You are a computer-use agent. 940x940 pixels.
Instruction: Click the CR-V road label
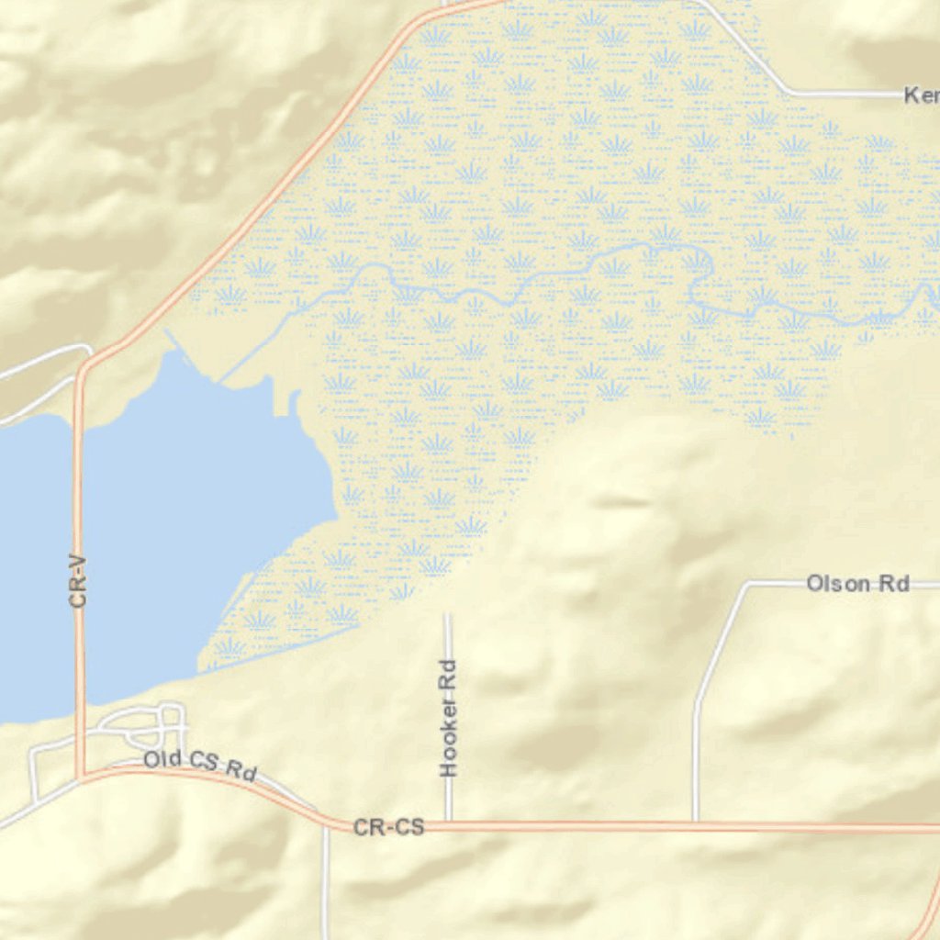pyautogui.click(x=78, y=577)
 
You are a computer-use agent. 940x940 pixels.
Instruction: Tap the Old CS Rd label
pyautogui.click(x=199, y=765)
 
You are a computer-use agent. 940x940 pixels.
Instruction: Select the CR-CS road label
pyautogui.click(x=389, y=828)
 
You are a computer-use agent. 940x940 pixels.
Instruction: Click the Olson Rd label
pyautogui.click(x=857, y=583)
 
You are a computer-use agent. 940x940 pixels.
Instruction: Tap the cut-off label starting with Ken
pyautogui.click(x=921, y=95)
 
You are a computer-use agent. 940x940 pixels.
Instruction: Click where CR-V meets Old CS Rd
pyautogui.click(x=81, y=776)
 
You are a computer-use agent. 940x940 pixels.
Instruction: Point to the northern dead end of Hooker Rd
pyautogui.click(x=448, y=615)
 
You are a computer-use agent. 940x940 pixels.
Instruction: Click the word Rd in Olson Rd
pyautogui.click(x=893, y=583)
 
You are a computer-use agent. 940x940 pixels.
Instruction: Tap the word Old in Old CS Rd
pyautogui.click(x=162, y=759)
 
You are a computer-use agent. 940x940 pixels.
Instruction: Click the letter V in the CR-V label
pyautogui.click(x=78, y=557)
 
